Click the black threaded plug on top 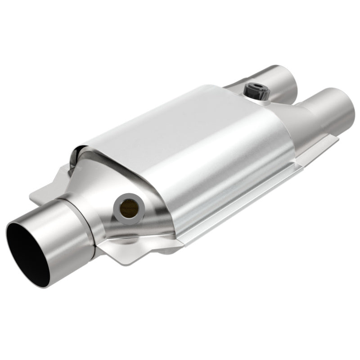pos(256,92)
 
